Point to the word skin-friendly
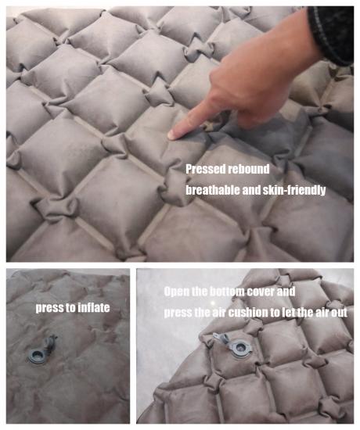point(294,190)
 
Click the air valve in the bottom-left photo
point(36,356)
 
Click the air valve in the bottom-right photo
point(241,348)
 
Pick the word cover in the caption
point(261,292)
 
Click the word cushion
point(247,313)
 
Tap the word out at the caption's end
point(340,313)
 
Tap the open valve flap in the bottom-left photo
point(50,343)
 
